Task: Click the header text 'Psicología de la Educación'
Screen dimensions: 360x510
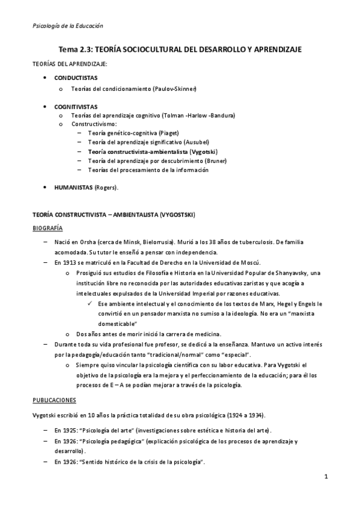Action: [x=67, y=25]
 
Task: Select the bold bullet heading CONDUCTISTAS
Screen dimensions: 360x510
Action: [x=76, y=78]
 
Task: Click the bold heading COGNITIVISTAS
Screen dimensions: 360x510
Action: [x=76, y=105]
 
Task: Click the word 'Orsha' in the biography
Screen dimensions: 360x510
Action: [x=90, y=242]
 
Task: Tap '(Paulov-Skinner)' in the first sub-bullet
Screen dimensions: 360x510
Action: [x=175, y=89]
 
